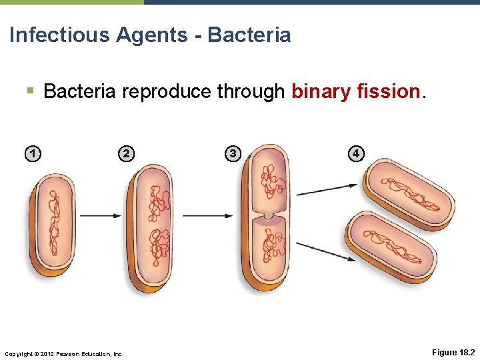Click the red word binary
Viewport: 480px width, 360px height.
tap(321, 91)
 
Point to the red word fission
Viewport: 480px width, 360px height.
tap(388, 91)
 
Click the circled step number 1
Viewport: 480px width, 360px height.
tap(31, 154)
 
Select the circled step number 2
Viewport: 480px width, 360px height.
tap(125, 154)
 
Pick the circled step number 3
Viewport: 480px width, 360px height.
tap(231, 154)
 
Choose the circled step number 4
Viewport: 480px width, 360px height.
tap(355, 154)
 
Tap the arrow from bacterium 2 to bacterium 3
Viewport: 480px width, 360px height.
tap(207, 215)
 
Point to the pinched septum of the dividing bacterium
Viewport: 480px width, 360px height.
tap(266, 217)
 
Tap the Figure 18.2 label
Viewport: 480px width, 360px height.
tap(453, 352)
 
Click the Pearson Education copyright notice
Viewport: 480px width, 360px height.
tap(64, 353)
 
